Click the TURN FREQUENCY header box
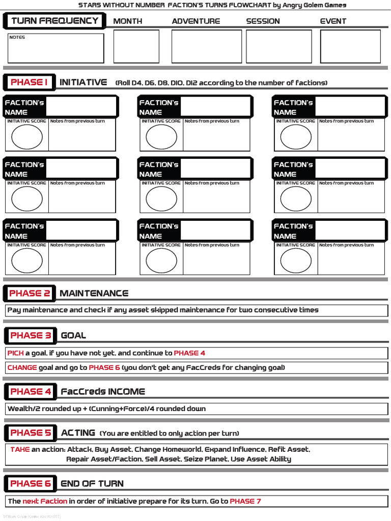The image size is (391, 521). pos(54,21)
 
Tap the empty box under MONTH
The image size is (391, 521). pos(136,46)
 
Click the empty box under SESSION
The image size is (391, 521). pos(278,46)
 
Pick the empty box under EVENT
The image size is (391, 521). pos(350,46)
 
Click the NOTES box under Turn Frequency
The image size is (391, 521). pos(55,48)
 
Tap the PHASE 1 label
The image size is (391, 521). pos(29,82)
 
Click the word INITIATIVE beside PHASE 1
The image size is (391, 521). pos(83,82)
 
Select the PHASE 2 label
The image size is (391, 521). pos(30,293)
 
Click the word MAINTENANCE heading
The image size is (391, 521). pos(94,293)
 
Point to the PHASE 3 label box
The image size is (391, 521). pos(31,335)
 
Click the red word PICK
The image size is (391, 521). pos(15,353)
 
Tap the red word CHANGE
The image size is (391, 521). pos(22,367)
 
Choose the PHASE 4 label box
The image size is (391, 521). pos(31,391)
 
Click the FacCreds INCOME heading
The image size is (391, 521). pos(103,391)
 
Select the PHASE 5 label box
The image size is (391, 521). pos(31,433)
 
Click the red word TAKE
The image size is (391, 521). pos(20,449)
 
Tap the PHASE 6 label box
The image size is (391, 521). pos(31,483)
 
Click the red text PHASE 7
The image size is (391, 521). pos(245,501)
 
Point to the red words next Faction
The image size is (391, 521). pos(45,501)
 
